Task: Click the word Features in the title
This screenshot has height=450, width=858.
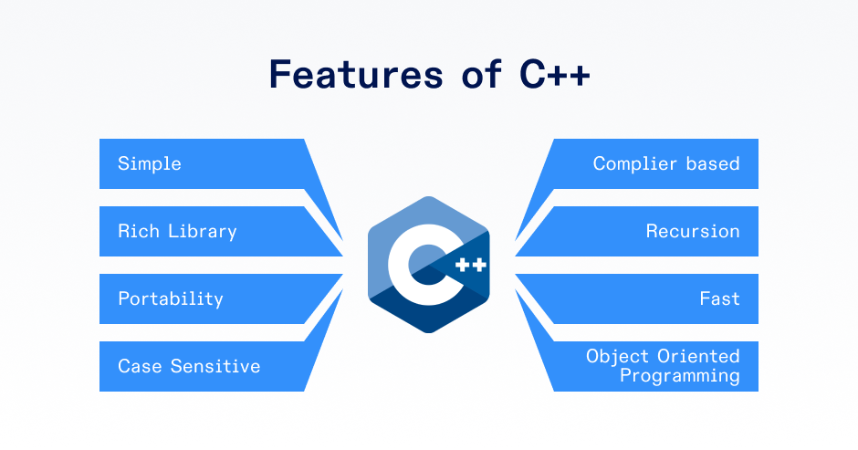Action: click(x=356, y=74)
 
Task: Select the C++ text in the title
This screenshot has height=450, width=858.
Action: click(x=555, y=74)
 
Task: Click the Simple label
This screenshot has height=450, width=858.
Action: click(x=150, y=163)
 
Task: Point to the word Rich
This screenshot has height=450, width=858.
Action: click(x=139, y=231)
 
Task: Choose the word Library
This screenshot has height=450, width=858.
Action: click(x=203, y=232)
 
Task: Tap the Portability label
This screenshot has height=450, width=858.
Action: click(x=171, y=298)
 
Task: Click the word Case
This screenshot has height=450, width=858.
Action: click(x=140, y=366)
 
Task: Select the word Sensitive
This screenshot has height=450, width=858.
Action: click(x=215, y=366)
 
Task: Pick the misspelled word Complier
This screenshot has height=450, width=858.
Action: click(x=634, y=163)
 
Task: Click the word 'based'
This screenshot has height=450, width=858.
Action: click(x=713, y=163)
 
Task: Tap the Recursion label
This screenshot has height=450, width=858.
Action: click(x=693, y=231)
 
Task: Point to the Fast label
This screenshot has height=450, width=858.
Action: click(x=719, y=298)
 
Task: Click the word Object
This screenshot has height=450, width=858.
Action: click(x=617, y=356)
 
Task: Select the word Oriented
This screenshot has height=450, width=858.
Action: click(x=699, y=356)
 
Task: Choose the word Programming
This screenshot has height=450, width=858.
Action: click(x=680, y=376)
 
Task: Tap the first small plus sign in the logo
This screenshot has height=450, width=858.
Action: click(x=463, y=265)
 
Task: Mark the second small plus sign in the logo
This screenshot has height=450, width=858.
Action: click(x=479, y=265)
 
